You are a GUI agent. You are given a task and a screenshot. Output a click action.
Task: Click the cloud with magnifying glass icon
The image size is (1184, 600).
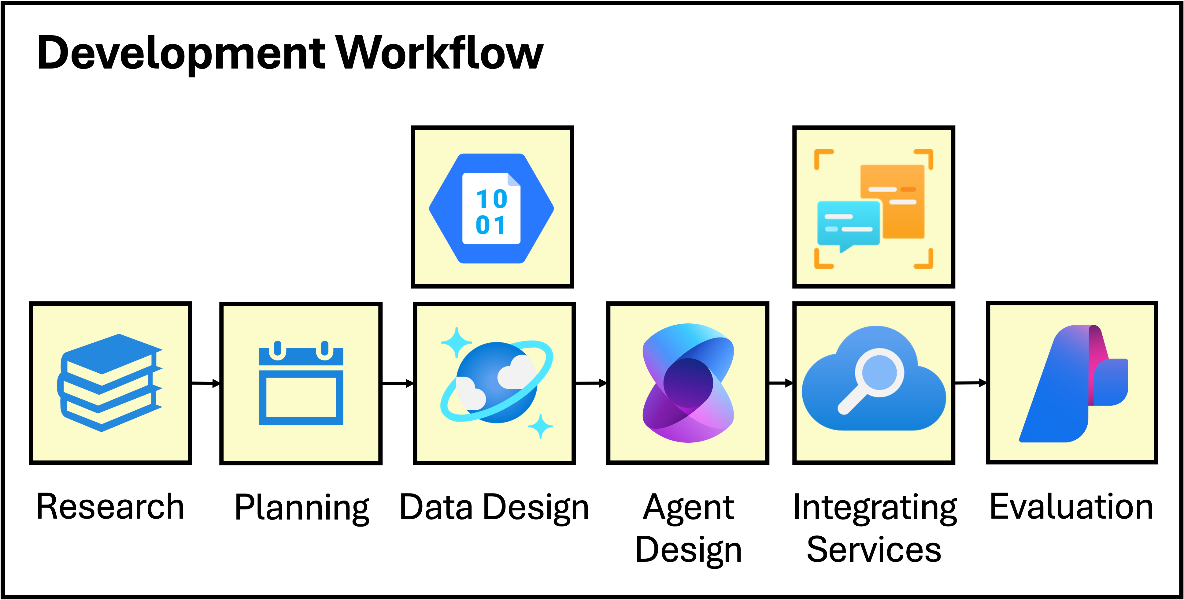point(873,380)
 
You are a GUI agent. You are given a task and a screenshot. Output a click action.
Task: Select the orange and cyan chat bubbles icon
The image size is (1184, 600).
point(873,208)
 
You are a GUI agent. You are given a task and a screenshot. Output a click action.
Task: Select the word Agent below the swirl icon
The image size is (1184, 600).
point(688,508)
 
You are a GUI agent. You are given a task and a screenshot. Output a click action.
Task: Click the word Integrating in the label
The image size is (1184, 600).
point(875,508)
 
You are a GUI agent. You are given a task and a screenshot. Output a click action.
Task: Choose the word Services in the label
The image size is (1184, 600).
point(874,550)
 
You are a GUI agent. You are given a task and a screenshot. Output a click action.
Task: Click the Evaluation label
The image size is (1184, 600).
point(1071,507)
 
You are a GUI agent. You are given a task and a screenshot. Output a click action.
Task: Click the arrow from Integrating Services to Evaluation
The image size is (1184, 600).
point(970,382)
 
